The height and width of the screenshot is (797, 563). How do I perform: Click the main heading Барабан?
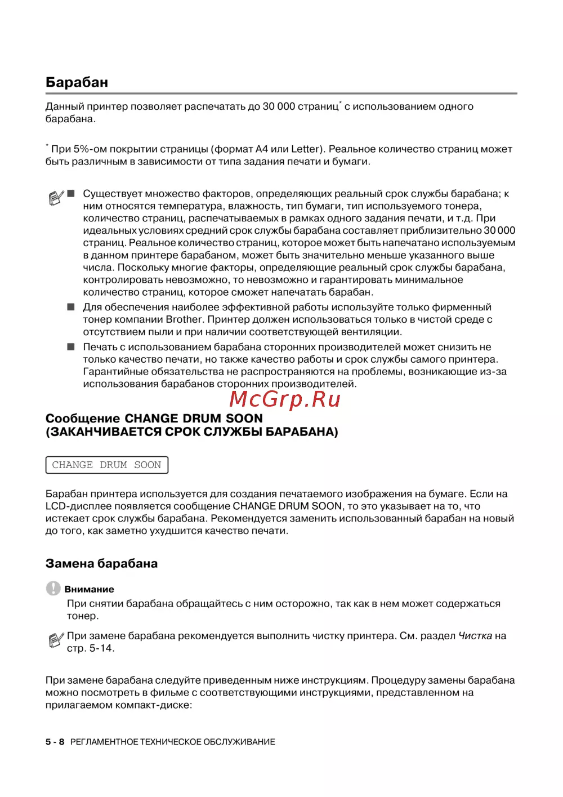point(77,82)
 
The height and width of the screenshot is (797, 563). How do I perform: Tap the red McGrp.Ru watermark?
point(285,399)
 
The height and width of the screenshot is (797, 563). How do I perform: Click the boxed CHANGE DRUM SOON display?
point(106,465)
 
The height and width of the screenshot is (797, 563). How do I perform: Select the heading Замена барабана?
point(101,563)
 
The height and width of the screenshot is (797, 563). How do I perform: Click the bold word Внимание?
point(89,589)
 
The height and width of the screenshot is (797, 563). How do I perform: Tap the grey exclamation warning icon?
point(53,588)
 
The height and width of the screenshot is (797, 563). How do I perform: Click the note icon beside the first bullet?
point(56,198)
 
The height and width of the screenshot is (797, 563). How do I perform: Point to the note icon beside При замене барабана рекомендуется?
point(56,640)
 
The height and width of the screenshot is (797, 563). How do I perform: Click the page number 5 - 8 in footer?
point(55,742)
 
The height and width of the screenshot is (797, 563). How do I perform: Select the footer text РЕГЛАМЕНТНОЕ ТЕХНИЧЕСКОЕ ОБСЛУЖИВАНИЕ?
point(172,742)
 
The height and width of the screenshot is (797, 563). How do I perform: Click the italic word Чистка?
point(475,636)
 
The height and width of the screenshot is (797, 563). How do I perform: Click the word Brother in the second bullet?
point(184,319)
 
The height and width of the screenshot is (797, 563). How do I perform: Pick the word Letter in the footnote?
point(306,149)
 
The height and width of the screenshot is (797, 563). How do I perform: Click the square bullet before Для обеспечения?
point(71,307)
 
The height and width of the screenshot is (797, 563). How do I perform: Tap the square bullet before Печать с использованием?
point(71,347)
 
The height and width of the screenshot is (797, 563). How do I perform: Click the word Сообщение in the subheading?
point(82,418)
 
